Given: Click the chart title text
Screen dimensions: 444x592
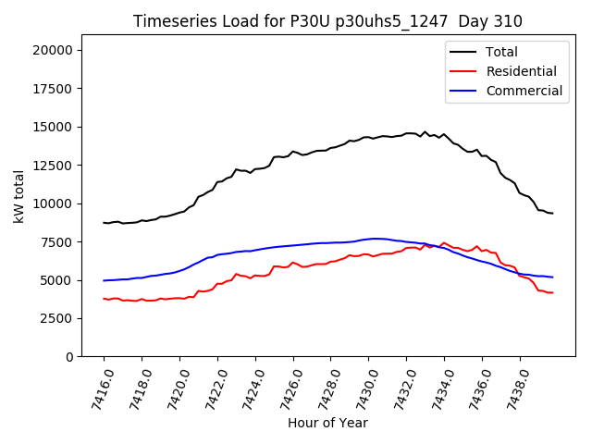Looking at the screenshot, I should (327, 21).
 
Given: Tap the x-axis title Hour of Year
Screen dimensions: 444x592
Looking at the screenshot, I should (327, 423).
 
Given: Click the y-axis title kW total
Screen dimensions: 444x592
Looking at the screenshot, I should (18, 203).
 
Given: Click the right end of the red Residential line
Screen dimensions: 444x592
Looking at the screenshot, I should (552, 292).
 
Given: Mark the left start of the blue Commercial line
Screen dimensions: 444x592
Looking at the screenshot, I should (104, 280).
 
